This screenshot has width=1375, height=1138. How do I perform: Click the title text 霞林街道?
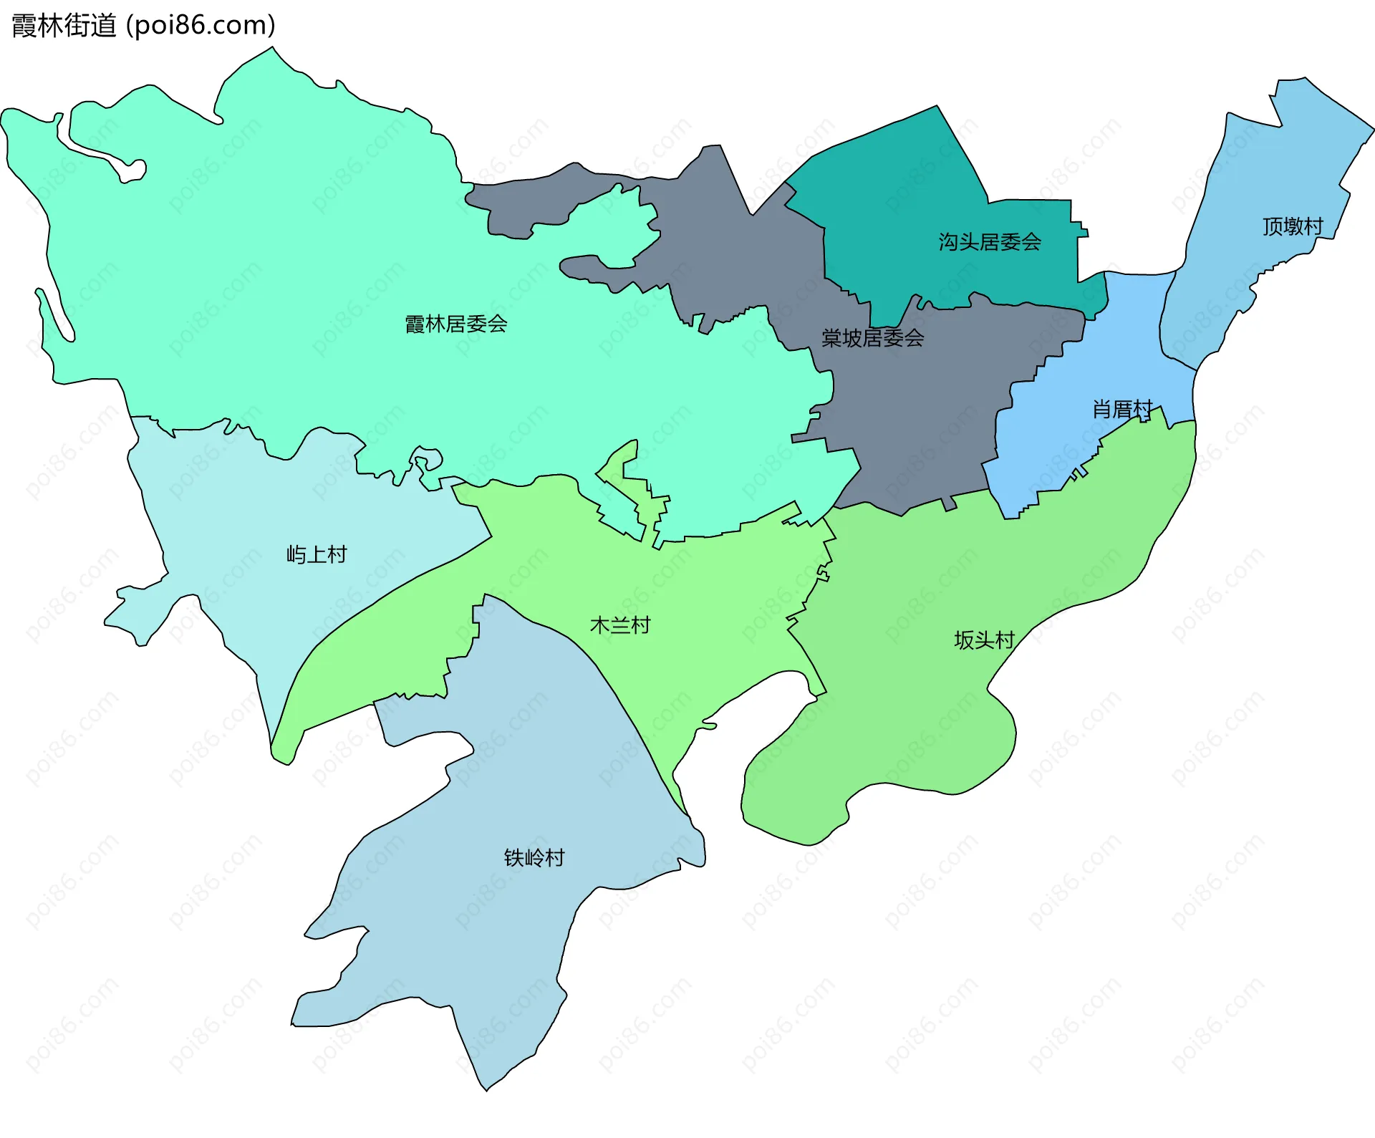point(64,26)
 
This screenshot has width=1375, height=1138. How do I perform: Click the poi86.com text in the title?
point(201,26)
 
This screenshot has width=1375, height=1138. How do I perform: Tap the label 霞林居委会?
point(456,324)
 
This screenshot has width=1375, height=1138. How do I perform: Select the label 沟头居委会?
point(990,242)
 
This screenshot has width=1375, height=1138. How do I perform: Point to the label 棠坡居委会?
point(872,338)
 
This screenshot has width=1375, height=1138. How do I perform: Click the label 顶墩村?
point(1292,227)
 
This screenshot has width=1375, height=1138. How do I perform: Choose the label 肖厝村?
point(1121,410)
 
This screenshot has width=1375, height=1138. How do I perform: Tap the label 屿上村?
point(317,554)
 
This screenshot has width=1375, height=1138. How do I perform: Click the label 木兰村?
point(620,625)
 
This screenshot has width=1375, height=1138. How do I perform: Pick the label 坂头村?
point(984,640)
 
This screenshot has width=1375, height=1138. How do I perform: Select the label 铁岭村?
point(534,857)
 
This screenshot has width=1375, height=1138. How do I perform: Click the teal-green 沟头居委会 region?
point(931,186)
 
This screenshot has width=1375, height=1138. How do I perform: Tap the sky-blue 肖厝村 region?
point(1132,337)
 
